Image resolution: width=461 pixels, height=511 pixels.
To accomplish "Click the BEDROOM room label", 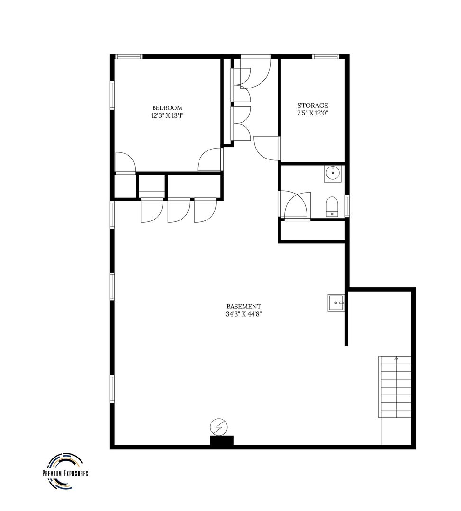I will click(167, 108).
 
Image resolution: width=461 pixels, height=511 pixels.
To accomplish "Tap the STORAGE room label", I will click(313, 106).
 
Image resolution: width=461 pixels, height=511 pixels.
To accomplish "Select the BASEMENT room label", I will click(244, 307).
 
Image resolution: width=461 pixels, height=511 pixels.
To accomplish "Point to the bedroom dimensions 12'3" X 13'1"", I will click(167, 115).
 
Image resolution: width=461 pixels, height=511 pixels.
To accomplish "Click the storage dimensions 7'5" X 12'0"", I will click(313, 113).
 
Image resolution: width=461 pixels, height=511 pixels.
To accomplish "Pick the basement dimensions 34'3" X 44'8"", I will click(244, 314).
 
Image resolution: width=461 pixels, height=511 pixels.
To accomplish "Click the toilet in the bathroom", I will click(332, 206).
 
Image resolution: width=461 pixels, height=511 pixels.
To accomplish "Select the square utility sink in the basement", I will click(336, 302).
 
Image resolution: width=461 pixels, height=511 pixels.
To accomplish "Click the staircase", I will click(396, 388).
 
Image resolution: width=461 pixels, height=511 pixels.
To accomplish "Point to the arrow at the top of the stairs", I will click(396, 359).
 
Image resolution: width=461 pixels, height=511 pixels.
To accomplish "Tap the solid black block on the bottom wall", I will click(222, 441).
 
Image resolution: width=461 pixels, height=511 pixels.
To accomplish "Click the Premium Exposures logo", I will click(65, 472).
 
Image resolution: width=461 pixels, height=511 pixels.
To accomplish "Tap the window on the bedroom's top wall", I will click(129, 57).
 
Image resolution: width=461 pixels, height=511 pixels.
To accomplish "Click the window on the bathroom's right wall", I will click(347, 206).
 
